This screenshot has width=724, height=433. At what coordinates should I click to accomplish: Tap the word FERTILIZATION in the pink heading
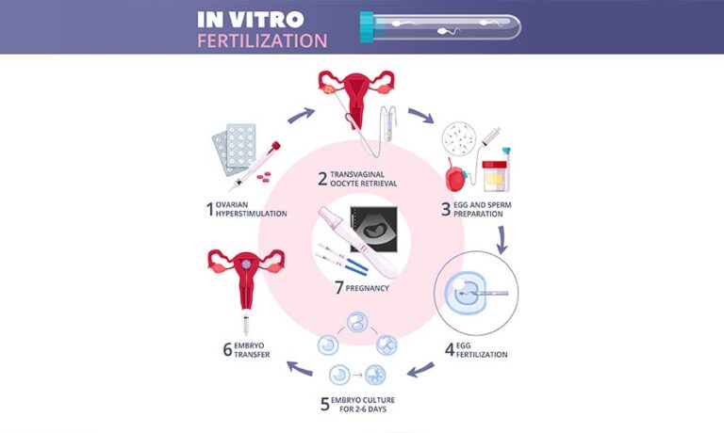pyautogui.click(x=262, y=40)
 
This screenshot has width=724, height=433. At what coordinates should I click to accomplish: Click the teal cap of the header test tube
pyautogui.click(x=366, y=27)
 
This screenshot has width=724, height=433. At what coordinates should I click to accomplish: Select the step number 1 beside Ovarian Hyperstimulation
pyautogui.click(x=210, y=209)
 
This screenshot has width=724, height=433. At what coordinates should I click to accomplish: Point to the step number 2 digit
pyautogui.click(x=322, y=179)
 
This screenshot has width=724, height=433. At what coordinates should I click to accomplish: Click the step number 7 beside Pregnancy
pyautogui.click(x=339, y=288)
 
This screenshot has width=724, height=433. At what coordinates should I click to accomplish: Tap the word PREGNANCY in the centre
pyautogui.click(x=367, y=288)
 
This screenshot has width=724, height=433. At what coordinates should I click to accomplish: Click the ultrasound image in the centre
pyautogui.click(x=373, y=230)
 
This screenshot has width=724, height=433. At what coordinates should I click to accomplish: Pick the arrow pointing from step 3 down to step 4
pyautogui.click(x=502, y=239)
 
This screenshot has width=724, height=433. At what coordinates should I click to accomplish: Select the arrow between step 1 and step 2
pyautogui.click(x=301, y=115)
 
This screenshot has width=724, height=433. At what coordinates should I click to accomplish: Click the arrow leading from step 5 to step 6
pyautogui.click(x=300, y=367)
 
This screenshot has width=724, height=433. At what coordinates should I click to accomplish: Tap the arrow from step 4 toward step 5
pyautogui.click(x=420, y=369)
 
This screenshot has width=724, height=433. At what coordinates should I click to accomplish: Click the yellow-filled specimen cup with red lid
pyautogui.click(x=494, y=175)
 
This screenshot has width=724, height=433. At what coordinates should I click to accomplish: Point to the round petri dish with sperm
pyautogui.click(x=459, y=138)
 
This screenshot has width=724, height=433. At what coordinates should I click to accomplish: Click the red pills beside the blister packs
pyautogui.click(x=264, y=177)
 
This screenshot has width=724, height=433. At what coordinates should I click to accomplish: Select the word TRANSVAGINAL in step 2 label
pyautogui.click(x=357, y=174)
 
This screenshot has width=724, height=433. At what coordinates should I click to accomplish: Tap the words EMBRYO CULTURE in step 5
pyautogui.click(x=363, y=400)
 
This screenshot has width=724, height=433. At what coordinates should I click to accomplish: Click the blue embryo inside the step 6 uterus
pyautogui.click(x=246, y=265)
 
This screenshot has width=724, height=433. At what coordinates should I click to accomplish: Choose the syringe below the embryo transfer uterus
pyautogui.click(x=246, y=323)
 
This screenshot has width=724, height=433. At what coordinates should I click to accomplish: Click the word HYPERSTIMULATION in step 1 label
pyautogui.click(x=251, y=214)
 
